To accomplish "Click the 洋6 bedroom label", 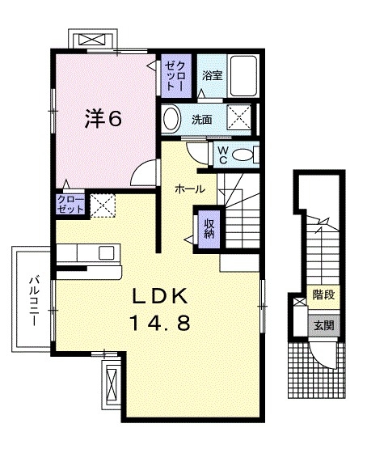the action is coord(103,119).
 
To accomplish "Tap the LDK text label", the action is coord(160,296).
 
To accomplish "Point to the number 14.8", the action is coord(160,323).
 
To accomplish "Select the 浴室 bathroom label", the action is coord(213,75).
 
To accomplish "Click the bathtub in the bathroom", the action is coord(243,76).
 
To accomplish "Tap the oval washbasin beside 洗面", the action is coord(171,119).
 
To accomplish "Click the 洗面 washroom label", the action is coord(202,120).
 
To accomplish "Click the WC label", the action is coord(222,155).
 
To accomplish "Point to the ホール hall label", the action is coord(190,189).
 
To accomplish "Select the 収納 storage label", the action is coord(209,229).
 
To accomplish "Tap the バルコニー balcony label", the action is coord(34,300).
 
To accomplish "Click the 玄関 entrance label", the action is coord(324,325).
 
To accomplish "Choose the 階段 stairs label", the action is coord(323,294).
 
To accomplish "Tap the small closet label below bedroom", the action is coord(70,205).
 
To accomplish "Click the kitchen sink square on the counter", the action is coord(107,253).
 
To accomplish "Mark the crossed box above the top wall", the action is coord(93,40).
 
